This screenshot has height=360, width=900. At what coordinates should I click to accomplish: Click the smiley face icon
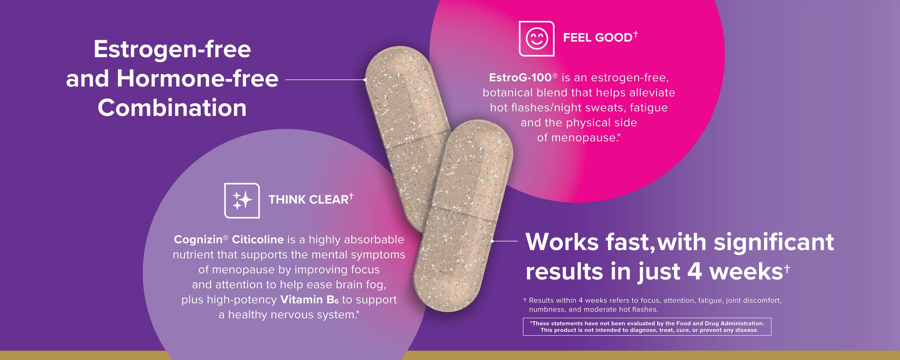pos(537,38)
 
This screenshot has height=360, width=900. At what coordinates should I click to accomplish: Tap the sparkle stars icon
pos(242,201)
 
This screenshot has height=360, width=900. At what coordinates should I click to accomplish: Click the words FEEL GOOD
pos(598,37)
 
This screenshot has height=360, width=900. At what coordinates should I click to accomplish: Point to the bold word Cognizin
pos(198,239)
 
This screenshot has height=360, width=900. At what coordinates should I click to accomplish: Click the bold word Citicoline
pos(258,239)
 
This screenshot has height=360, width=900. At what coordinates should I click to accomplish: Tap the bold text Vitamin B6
pos(310,300)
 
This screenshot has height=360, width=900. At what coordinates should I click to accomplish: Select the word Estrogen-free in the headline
pos(172,49)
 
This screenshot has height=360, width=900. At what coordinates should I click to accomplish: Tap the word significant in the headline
pos(774,242)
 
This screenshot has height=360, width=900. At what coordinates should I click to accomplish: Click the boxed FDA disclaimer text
pos(647,327)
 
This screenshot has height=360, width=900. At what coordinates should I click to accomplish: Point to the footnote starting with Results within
pos(652,305)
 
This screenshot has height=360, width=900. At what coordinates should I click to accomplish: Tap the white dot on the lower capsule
pos(492,241)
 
